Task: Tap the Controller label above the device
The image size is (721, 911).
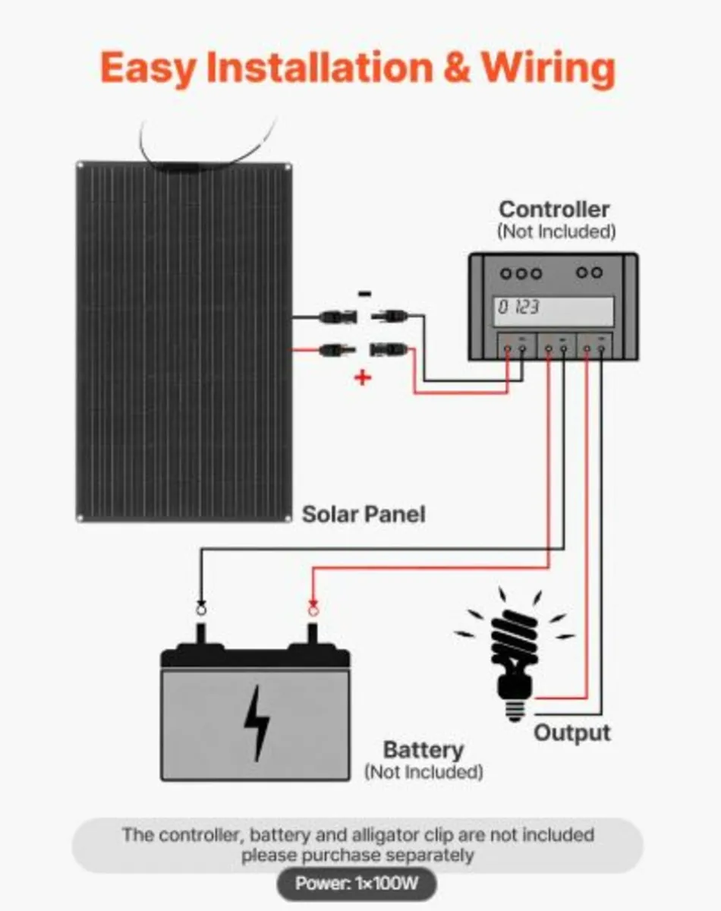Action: pyautogui.click(x=554, y=210)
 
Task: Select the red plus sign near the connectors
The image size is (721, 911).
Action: pyautogui.click(x=364, y=377)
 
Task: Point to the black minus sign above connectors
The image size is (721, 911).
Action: pyautogui.click(x=365, y=294)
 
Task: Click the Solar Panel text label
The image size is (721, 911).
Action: pyautogui.click(x=364, y=514)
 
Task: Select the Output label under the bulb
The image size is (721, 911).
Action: pyautogui.click(x=571, y=733)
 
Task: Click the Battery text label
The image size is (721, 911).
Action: pyautogui.click(x=423, y=750)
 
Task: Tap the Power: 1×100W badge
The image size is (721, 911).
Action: pyautogui.click(x=356, y=884)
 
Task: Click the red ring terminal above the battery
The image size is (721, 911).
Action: pyautogui.click(x=312, y=607)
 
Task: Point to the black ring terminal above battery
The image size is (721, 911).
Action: pyautogui.click(x=201, y=607)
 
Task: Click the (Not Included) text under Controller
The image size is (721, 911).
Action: pyautogui.click(x=556, y=232)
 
